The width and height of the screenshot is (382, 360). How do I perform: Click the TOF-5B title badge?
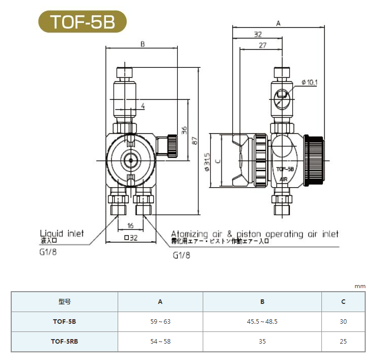pos(82,22)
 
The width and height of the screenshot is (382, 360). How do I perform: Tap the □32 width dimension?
pos(131,238)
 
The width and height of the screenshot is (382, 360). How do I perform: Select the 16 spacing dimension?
pos(130,225)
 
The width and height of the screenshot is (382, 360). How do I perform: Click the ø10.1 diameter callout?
pos(310,82)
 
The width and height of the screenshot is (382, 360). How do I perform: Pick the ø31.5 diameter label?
pos(207,162)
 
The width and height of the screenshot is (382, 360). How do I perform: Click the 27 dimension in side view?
pos(262,45)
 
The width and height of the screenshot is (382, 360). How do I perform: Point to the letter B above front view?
pos(143,44)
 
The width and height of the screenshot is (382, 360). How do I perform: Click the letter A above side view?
pos(278,23)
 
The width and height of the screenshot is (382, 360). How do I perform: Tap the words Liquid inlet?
pos(62,234)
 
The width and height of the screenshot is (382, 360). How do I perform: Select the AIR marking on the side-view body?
pos(284,179)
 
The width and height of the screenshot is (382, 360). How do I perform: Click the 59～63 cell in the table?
pos(160,322)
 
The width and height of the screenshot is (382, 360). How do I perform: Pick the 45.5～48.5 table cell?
pos(262,322)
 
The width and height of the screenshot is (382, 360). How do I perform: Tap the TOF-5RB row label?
pos(65,342)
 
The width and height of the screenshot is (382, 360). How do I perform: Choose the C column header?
pos(343,302)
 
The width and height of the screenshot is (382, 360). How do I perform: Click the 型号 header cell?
pos(65,302)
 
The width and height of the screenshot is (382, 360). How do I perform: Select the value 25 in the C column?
pos(343,342)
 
